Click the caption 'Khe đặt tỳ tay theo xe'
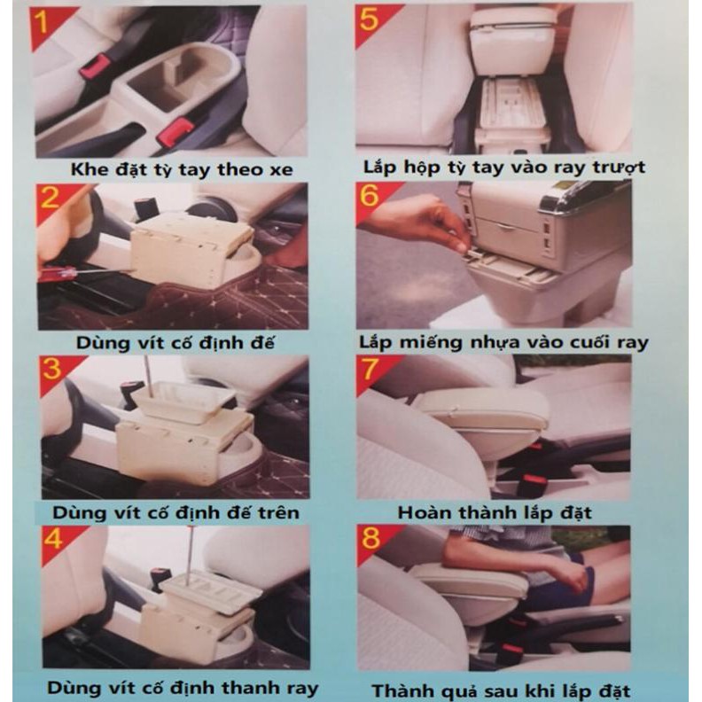[x=182, y=169]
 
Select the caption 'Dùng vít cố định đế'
[x=175, y=343]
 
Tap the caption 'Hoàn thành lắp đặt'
[x=495, y=512]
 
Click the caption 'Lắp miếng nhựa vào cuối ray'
[x=503, y=343]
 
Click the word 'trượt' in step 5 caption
[x=620, y=168]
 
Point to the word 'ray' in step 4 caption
[x=302, y=688]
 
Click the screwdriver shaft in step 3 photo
[x=148, y=377]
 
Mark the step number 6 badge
[x=369, y=196]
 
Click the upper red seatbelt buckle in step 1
[x=95, y=66]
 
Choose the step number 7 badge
[x=370, y=369]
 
